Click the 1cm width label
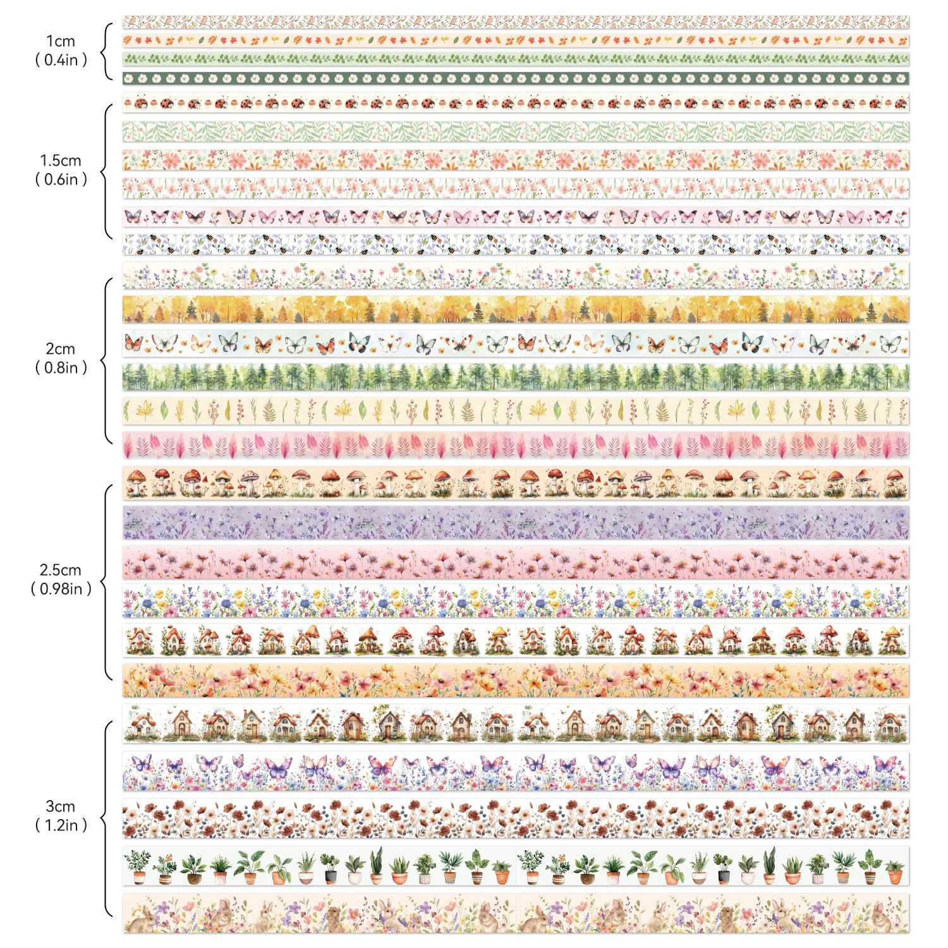(x=61, y=42)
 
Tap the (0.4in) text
(x=61, y=61)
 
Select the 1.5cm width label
(x=61, y=161)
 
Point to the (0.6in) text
(x=61, y=179)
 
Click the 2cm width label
(x=61, y=349)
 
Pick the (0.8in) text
(x=61, y=368)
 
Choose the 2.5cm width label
(x=61, y=570)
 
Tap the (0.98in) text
(x=61, y=589)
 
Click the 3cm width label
(x=61, y=806)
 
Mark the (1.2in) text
(x=61, y=825)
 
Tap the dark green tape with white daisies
(x=515, y=79)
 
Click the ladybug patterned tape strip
(x=515, y=102)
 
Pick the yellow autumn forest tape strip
(x=515, y=309)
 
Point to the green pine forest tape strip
(x=515, y=377)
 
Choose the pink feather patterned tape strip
(x=515, y=445)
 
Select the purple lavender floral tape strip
(x=515, y=523)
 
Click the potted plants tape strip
(x=515, y=866)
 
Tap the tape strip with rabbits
(x=515, y=913)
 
